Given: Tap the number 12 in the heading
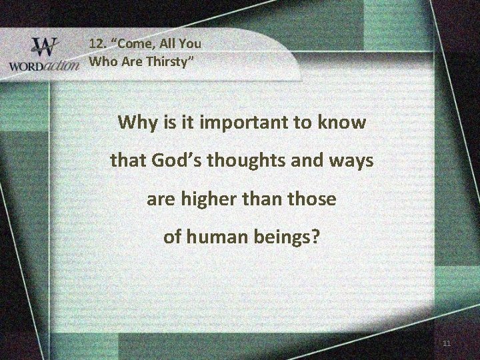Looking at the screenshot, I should [97, 44].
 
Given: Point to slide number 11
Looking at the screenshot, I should [446, 343].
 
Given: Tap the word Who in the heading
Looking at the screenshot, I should [103, 63].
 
